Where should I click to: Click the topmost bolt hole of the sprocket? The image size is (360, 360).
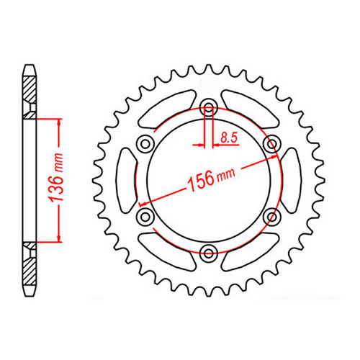tap(209, 109)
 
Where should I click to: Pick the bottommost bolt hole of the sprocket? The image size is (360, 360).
tap(209, 251)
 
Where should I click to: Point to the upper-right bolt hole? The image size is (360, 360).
tap(271, 144)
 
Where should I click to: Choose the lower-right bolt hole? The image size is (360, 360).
tap(271, 215)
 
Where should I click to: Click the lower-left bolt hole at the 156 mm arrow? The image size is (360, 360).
tap(145, 216)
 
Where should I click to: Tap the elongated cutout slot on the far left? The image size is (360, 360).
tap(124, 180)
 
